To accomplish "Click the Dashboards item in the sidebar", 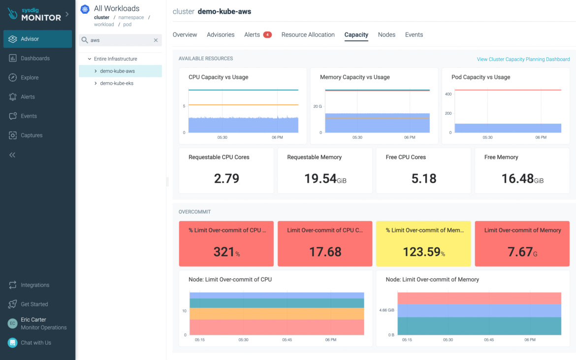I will pyautogui.click(x=35, y=58).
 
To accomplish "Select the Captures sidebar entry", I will pyautogui.click(x=32, y=135).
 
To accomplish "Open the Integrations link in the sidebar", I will pyautogui.click(x=34, y=285).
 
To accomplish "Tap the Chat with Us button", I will pyautogui.click(x=35, y=343).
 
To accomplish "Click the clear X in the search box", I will pyautogui.click(x=156, y=40).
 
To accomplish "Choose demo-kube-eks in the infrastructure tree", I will pyautogui.click(x=117, y=83).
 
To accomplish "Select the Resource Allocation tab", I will pyautogui.click(x=308, y=35).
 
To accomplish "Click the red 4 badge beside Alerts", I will pyautogui.click(x=267, y=35).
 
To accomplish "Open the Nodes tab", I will pyautogui.click(x=386, y=35).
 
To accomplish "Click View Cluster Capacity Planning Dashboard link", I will pyautogui.click(x=523, y=59).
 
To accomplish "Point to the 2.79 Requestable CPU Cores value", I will pyautogui.click(x=226, y=178).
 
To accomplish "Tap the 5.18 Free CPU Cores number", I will pyautogui.click(x=424, y=178).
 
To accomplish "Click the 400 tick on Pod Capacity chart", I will pyautogui.click(x=448, y=94).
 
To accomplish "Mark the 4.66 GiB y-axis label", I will pyautogui.click(x=386, y=310).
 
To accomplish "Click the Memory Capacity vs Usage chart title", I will pyautogui.click(x=354, y=77).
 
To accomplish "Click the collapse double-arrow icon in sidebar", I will pyautogui.click(x=12, y=155).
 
